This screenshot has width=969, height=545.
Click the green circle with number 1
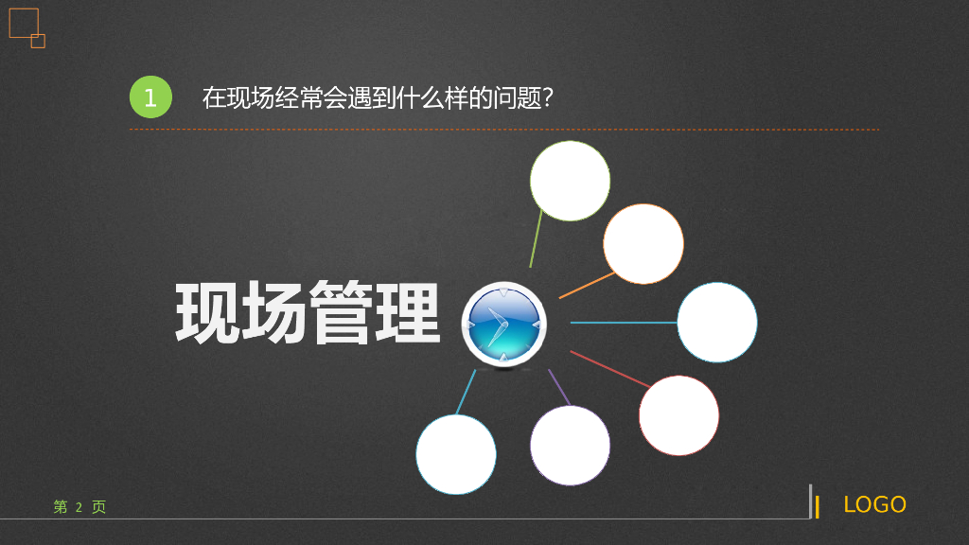[150, 97]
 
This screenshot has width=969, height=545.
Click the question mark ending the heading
[548, 97]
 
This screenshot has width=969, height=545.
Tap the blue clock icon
[503, 325]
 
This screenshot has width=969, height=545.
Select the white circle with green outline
[570, 181]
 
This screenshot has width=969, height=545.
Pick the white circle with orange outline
[643, 244]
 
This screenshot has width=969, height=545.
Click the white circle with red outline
[678, 416]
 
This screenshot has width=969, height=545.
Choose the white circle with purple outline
[570, 446]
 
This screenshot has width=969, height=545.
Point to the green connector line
[536, 238]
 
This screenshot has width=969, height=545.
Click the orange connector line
[587, 286]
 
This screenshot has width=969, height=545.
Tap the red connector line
[609, 369]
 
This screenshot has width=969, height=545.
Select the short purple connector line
[558, 387]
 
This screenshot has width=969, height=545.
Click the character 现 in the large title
[207, 312]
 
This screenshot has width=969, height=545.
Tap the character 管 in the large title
[341, 312]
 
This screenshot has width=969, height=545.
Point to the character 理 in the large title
[408, 312]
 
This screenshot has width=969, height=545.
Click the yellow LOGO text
[874, 505]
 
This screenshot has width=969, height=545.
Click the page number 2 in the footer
[79, 507]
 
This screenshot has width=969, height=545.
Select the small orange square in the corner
[38, 41]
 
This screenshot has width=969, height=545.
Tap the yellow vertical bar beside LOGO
[817, 507]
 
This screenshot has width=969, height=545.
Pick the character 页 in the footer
[98, 507]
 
